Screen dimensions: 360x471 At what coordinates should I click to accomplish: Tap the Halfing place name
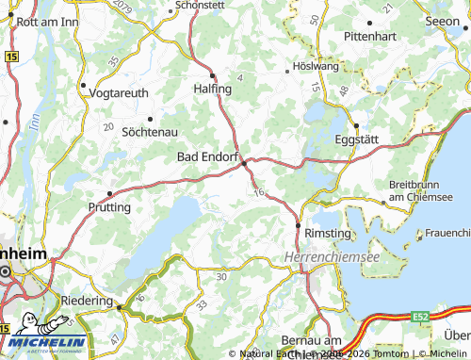coord(211,88)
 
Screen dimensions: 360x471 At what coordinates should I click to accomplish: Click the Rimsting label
coord(326,232)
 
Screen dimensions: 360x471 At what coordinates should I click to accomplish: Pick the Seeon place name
coord(442,20)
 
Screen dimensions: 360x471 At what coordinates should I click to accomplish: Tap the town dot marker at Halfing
coord(213,74)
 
